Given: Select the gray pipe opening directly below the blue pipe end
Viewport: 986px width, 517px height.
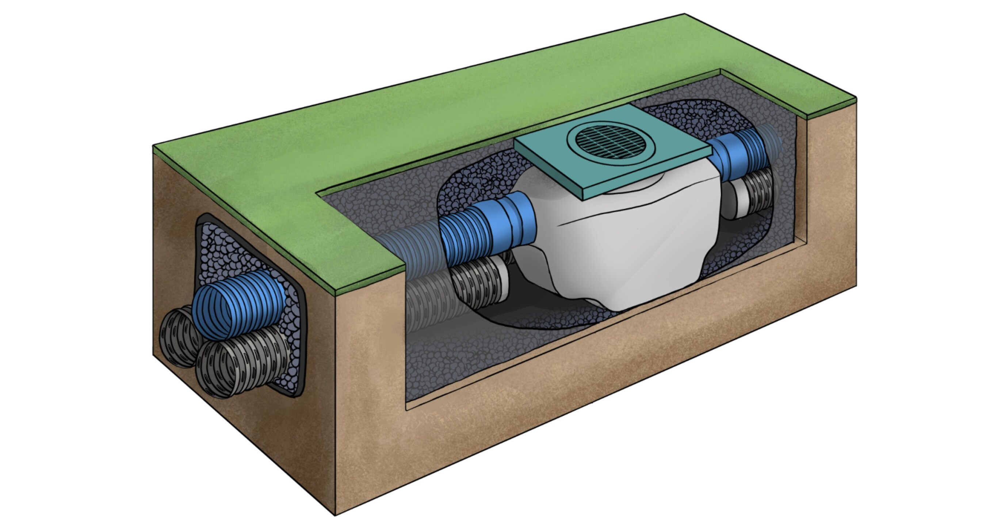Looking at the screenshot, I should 233,364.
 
